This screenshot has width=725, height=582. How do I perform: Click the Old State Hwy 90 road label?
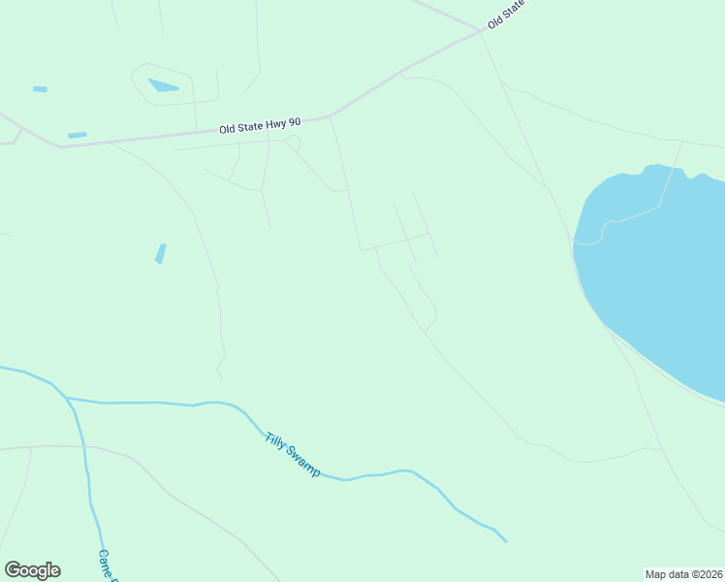coord(260,126)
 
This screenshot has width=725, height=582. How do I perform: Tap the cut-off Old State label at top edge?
coord(505,14)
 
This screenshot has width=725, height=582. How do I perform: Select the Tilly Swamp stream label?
coord(292,453)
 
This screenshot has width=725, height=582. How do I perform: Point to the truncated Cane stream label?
coord(107,566)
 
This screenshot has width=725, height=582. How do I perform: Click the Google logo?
coord(32,570)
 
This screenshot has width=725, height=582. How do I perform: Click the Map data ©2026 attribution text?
coord(683,573)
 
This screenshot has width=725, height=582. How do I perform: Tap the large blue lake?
coord(659,272)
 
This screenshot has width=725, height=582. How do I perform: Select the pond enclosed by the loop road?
coord(163,85)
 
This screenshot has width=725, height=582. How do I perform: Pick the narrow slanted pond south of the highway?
coord(161,253)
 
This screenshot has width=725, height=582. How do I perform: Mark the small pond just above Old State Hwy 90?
coord(78,135)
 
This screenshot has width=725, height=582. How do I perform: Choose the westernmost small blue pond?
coord(40,89)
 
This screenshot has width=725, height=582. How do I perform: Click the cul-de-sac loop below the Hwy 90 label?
coord(293,144)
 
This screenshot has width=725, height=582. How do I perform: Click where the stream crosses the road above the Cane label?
coord(84,447)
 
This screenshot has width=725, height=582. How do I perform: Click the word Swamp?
coord(304,464)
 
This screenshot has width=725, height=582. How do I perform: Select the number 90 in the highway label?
coord(295,122)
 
